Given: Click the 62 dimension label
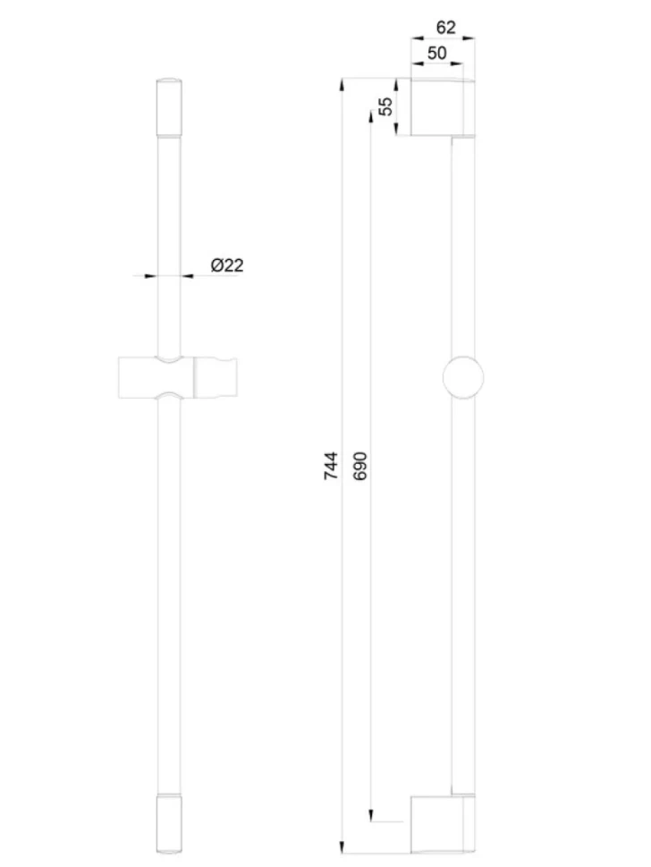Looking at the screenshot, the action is coord(445,27).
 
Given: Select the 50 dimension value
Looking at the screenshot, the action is coord(436,53).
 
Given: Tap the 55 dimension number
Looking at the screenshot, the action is coord(386,105).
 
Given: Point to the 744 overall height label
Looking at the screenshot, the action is coord(331,466).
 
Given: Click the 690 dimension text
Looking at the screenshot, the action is coord(359,466).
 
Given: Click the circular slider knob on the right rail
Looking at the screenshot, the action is coord(463,378).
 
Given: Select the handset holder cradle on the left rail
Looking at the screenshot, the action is coord(178,378).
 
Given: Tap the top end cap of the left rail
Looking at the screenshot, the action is coord(169,107).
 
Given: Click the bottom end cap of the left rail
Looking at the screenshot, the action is coord(169,824).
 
